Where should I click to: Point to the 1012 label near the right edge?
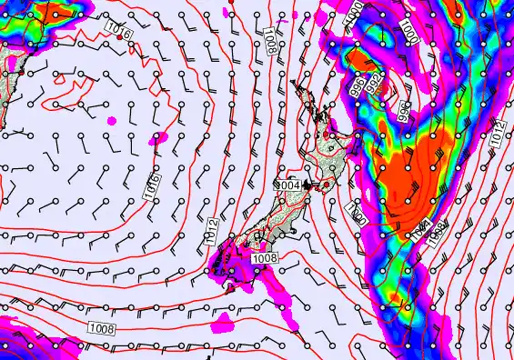pyautogui.click(x=496, y=134)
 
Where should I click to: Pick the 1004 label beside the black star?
pyautogui.click(x=288, y=185)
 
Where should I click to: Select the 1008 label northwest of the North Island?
pyautogui.click(x=271, y=39)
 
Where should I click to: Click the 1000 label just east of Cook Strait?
pyautogui.click(x=356, y=215)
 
